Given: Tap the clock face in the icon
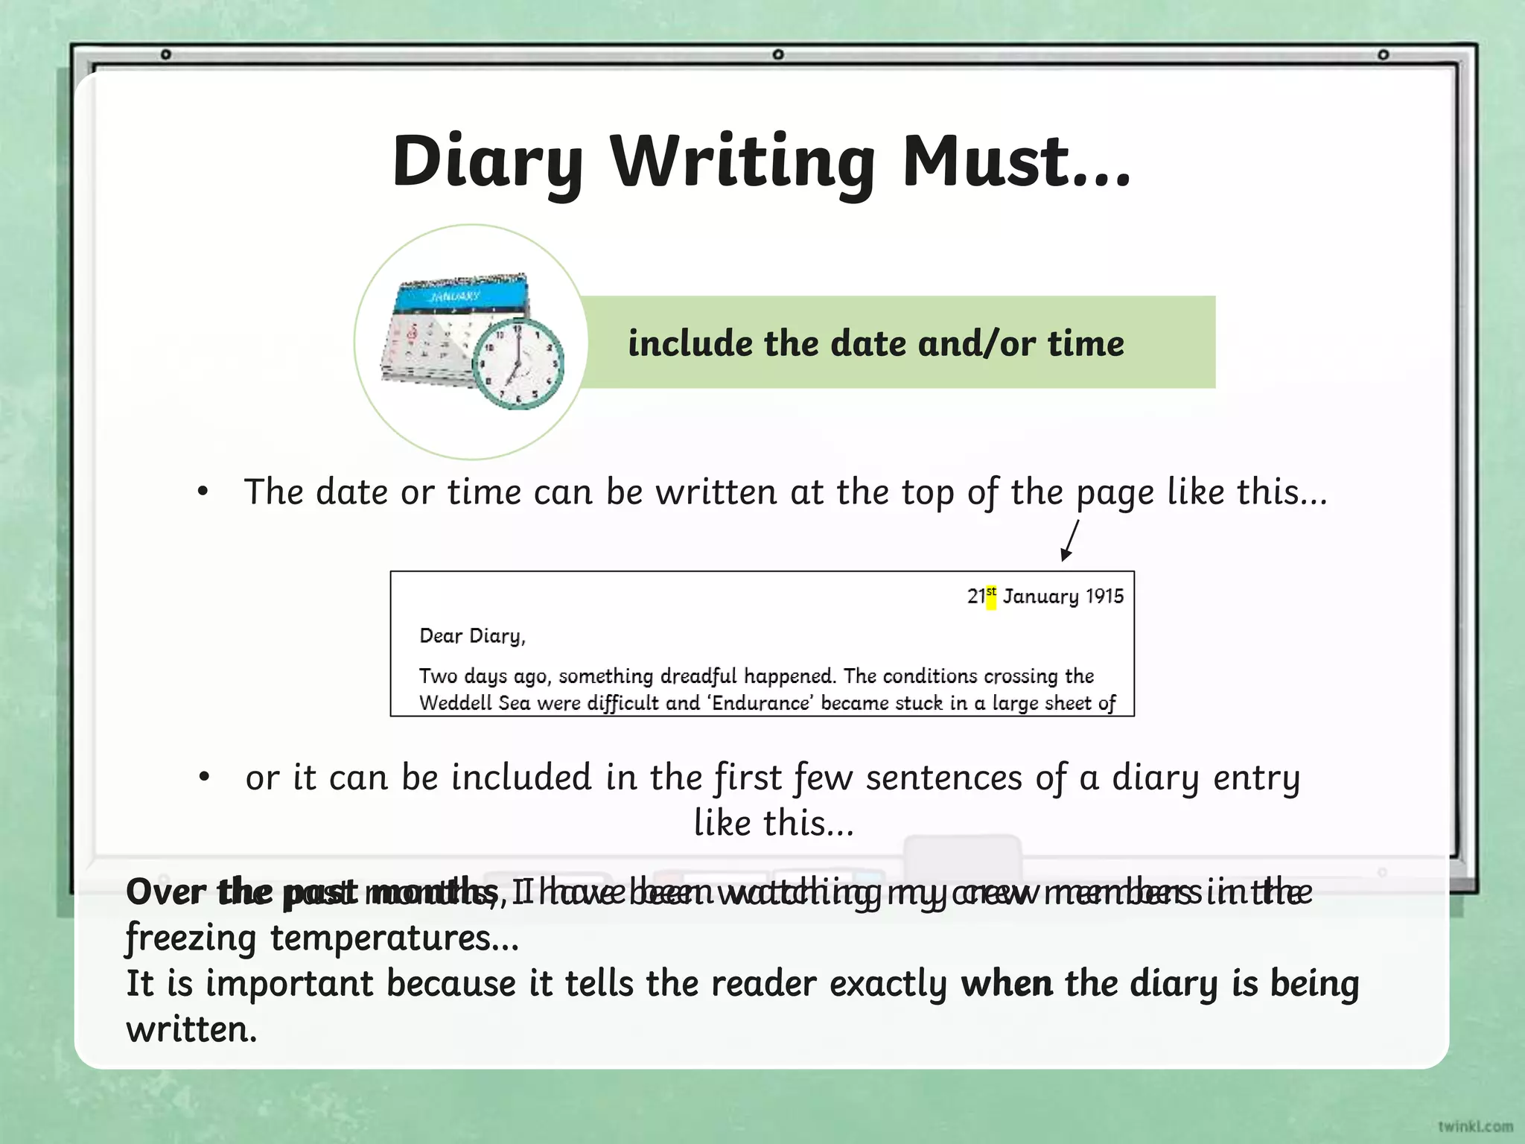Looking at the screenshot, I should click(518, 363).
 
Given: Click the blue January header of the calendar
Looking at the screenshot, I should click(462, 296).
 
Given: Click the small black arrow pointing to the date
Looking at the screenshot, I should click(1070, 540).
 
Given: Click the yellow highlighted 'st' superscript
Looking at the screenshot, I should click(991, 597).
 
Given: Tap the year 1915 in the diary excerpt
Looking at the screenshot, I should click(1104, 597).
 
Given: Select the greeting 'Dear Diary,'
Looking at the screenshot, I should click(472, 636).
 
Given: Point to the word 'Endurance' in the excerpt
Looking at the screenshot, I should click(761, 703).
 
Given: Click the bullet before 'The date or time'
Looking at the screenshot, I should click(203, 492).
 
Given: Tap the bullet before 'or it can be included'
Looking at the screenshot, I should click(205, 778).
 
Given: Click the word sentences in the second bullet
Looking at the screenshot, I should click(943, 778).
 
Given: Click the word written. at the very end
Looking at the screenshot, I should click(191, 1030).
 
